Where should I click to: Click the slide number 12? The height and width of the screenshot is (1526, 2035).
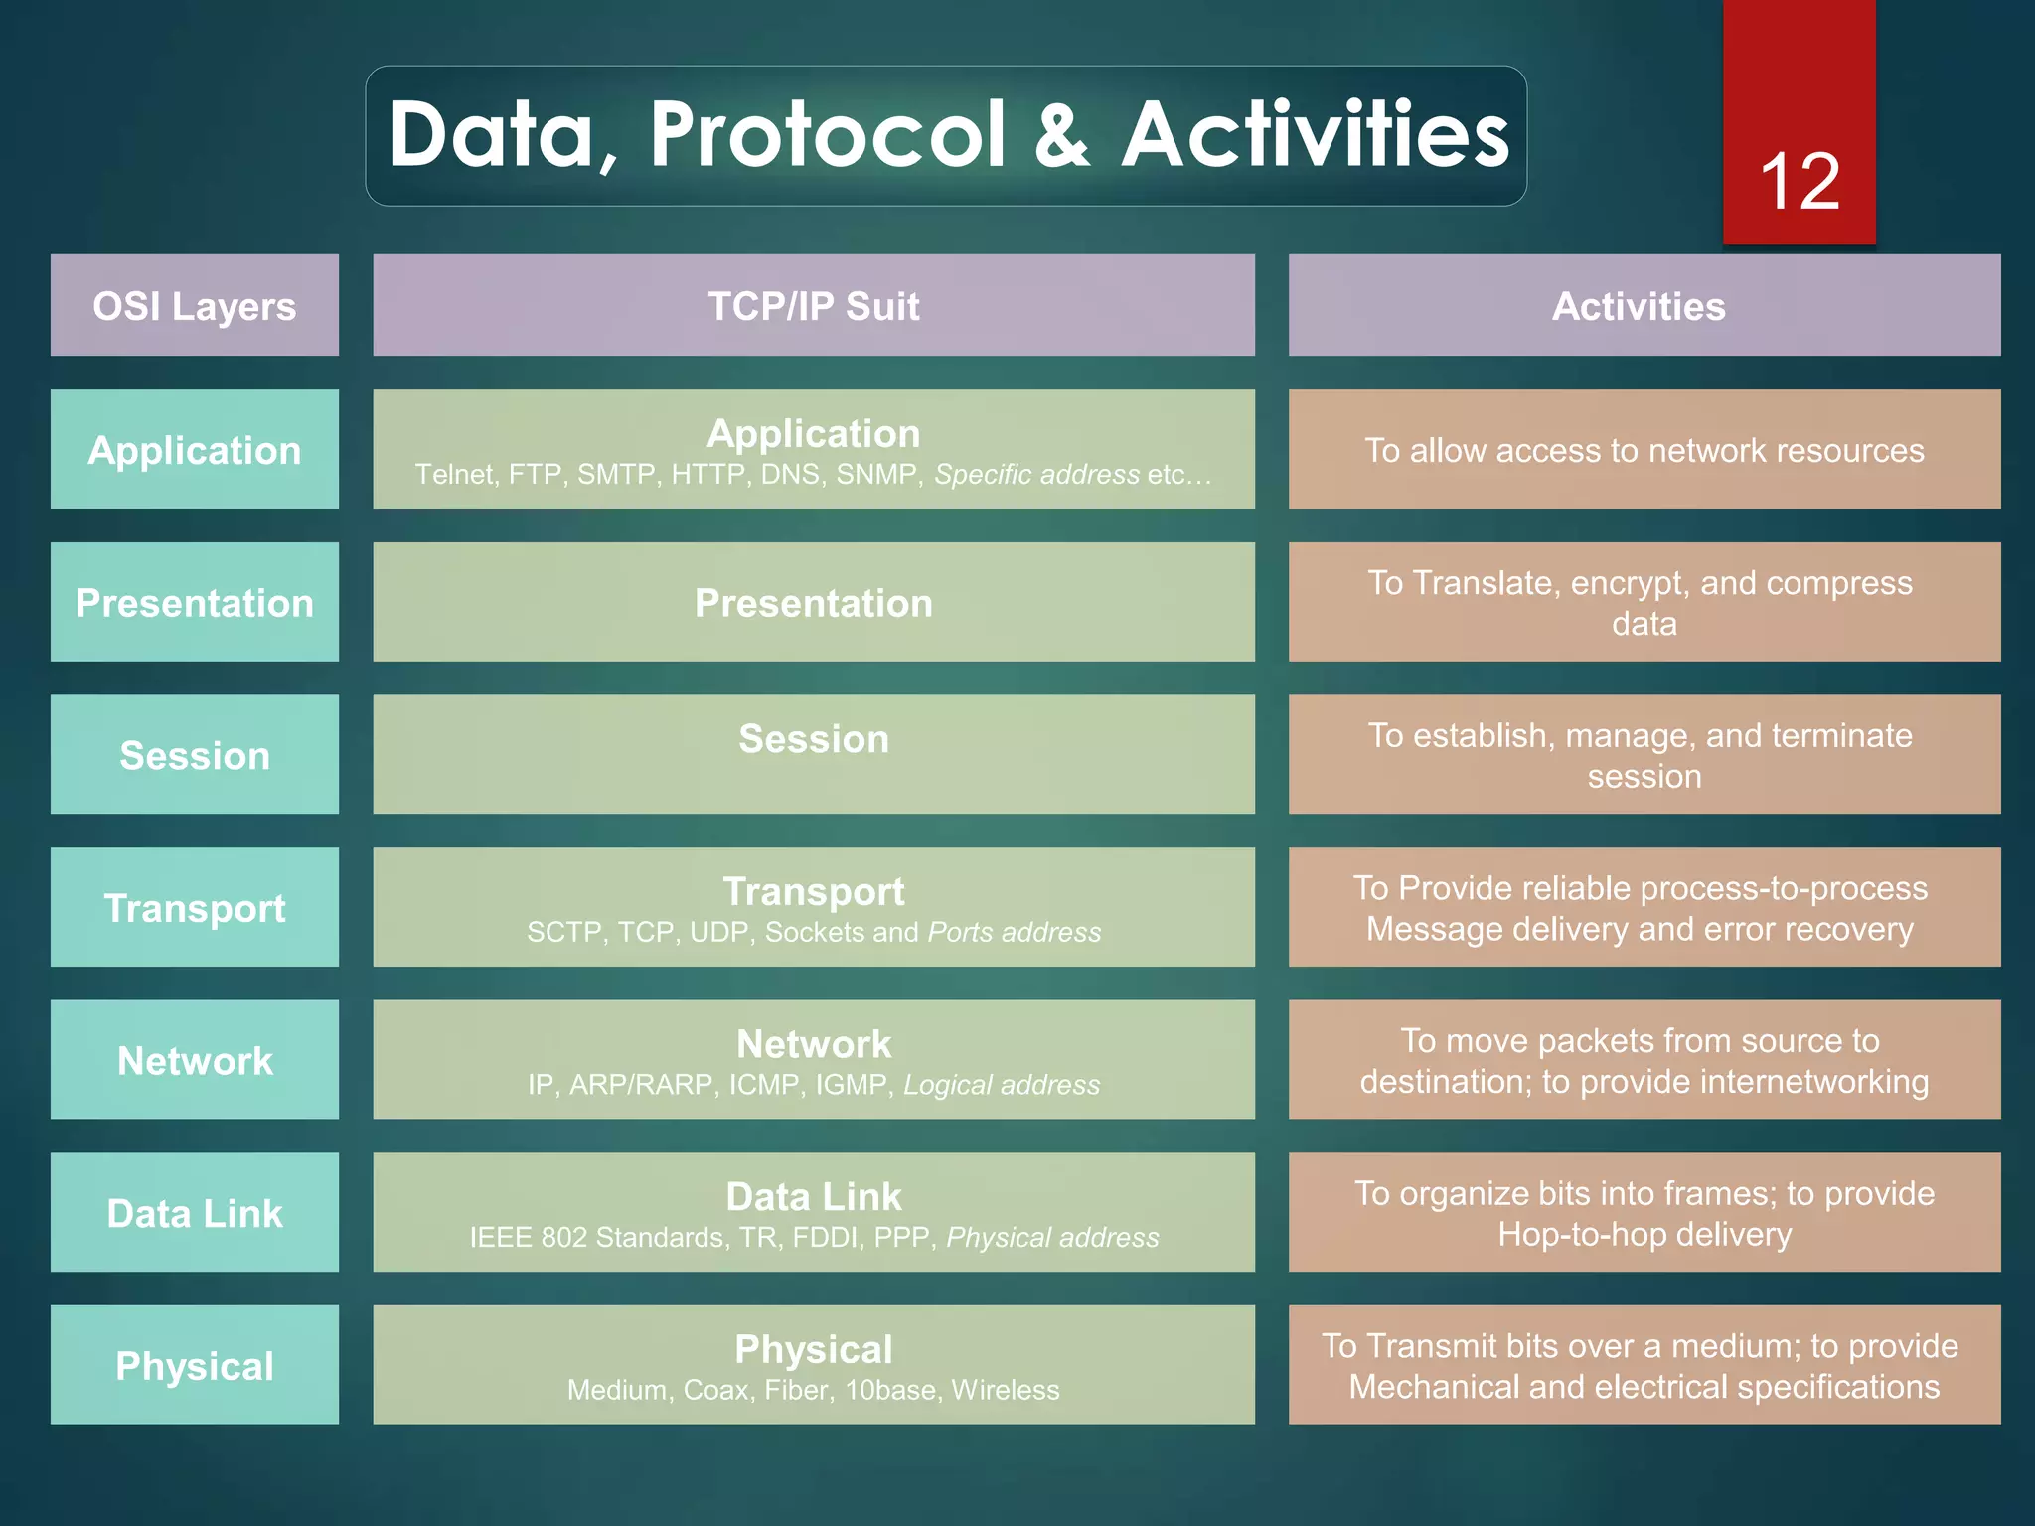tap(1799, 182)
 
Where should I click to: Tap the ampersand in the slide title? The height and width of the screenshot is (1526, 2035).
tap(1061, 135)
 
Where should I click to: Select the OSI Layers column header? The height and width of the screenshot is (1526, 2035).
tap(195, 306)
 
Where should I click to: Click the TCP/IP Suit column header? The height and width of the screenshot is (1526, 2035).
tap(813, 306)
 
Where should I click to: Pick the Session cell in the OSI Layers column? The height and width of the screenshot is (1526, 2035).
tap(195, 756)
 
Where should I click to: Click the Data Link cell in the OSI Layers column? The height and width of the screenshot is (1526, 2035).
tap(195, 1213)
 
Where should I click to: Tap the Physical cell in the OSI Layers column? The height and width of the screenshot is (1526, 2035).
tap(195, 1366)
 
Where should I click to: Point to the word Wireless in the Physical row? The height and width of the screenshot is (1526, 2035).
tap(1005, 1390)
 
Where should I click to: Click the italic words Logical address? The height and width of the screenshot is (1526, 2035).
tap(1002, 1085)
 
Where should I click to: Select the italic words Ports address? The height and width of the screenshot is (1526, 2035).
tap(1014, 933)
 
